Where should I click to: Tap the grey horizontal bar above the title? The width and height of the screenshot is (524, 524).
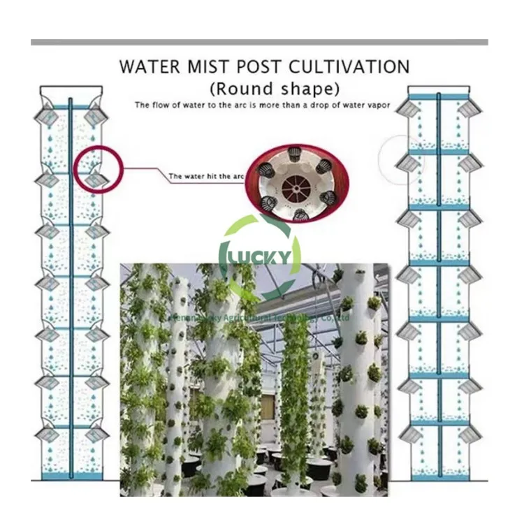pos(259,43)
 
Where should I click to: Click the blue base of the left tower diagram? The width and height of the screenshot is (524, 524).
pos(70,476)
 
